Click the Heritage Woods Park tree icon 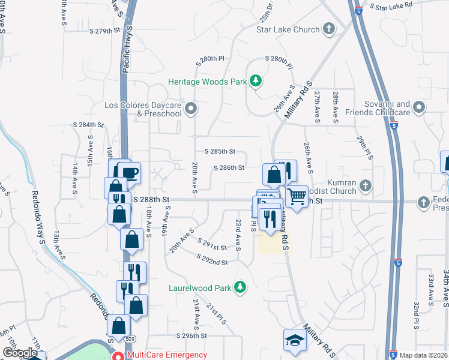click(256, 80)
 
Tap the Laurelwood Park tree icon click(240, 287)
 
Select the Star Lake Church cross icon click(328, 28)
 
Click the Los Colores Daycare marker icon click(191, 109)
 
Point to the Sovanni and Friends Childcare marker click(419, 108)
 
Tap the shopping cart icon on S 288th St click(297, 196)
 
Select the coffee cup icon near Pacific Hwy click(130, 174)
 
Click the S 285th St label click(220, 152)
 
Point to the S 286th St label click(229, 168)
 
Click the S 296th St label click(191, 336)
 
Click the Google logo click(20, 353)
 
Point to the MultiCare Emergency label click(167, 355)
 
